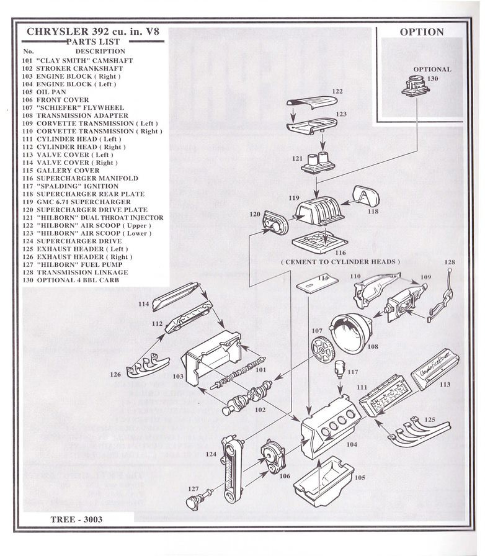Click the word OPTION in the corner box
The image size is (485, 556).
tap(421, 32)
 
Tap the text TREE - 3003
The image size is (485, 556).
tap(77, 519)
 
